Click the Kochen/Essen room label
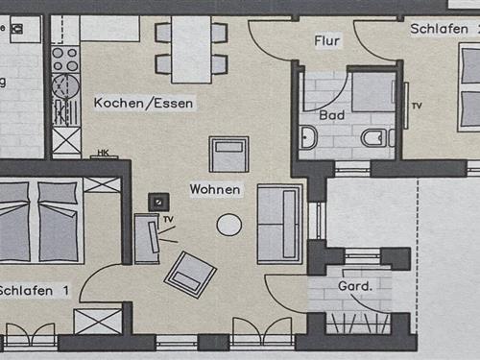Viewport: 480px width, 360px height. (x=143, y=102)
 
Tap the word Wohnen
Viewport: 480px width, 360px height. (x=215, y=189)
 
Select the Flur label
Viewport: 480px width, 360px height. (x=327, y=41)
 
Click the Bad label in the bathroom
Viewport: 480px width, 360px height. (x=332, y=115)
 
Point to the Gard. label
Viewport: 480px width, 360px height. (x=354, y=287)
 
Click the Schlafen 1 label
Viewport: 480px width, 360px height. (x=35, y=290)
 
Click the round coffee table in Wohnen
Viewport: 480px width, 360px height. (x=228, y=225)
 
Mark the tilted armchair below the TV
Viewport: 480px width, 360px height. (x=190, y=274)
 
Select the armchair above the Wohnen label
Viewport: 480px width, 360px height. (x=228, y=154)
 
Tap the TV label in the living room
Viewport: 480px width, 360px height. (x=168, y=220)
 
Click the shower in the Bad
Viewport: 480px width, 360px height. (x=372, y=93)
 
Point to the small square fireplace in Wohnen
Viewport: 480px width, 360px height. (x=156, y=202)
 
